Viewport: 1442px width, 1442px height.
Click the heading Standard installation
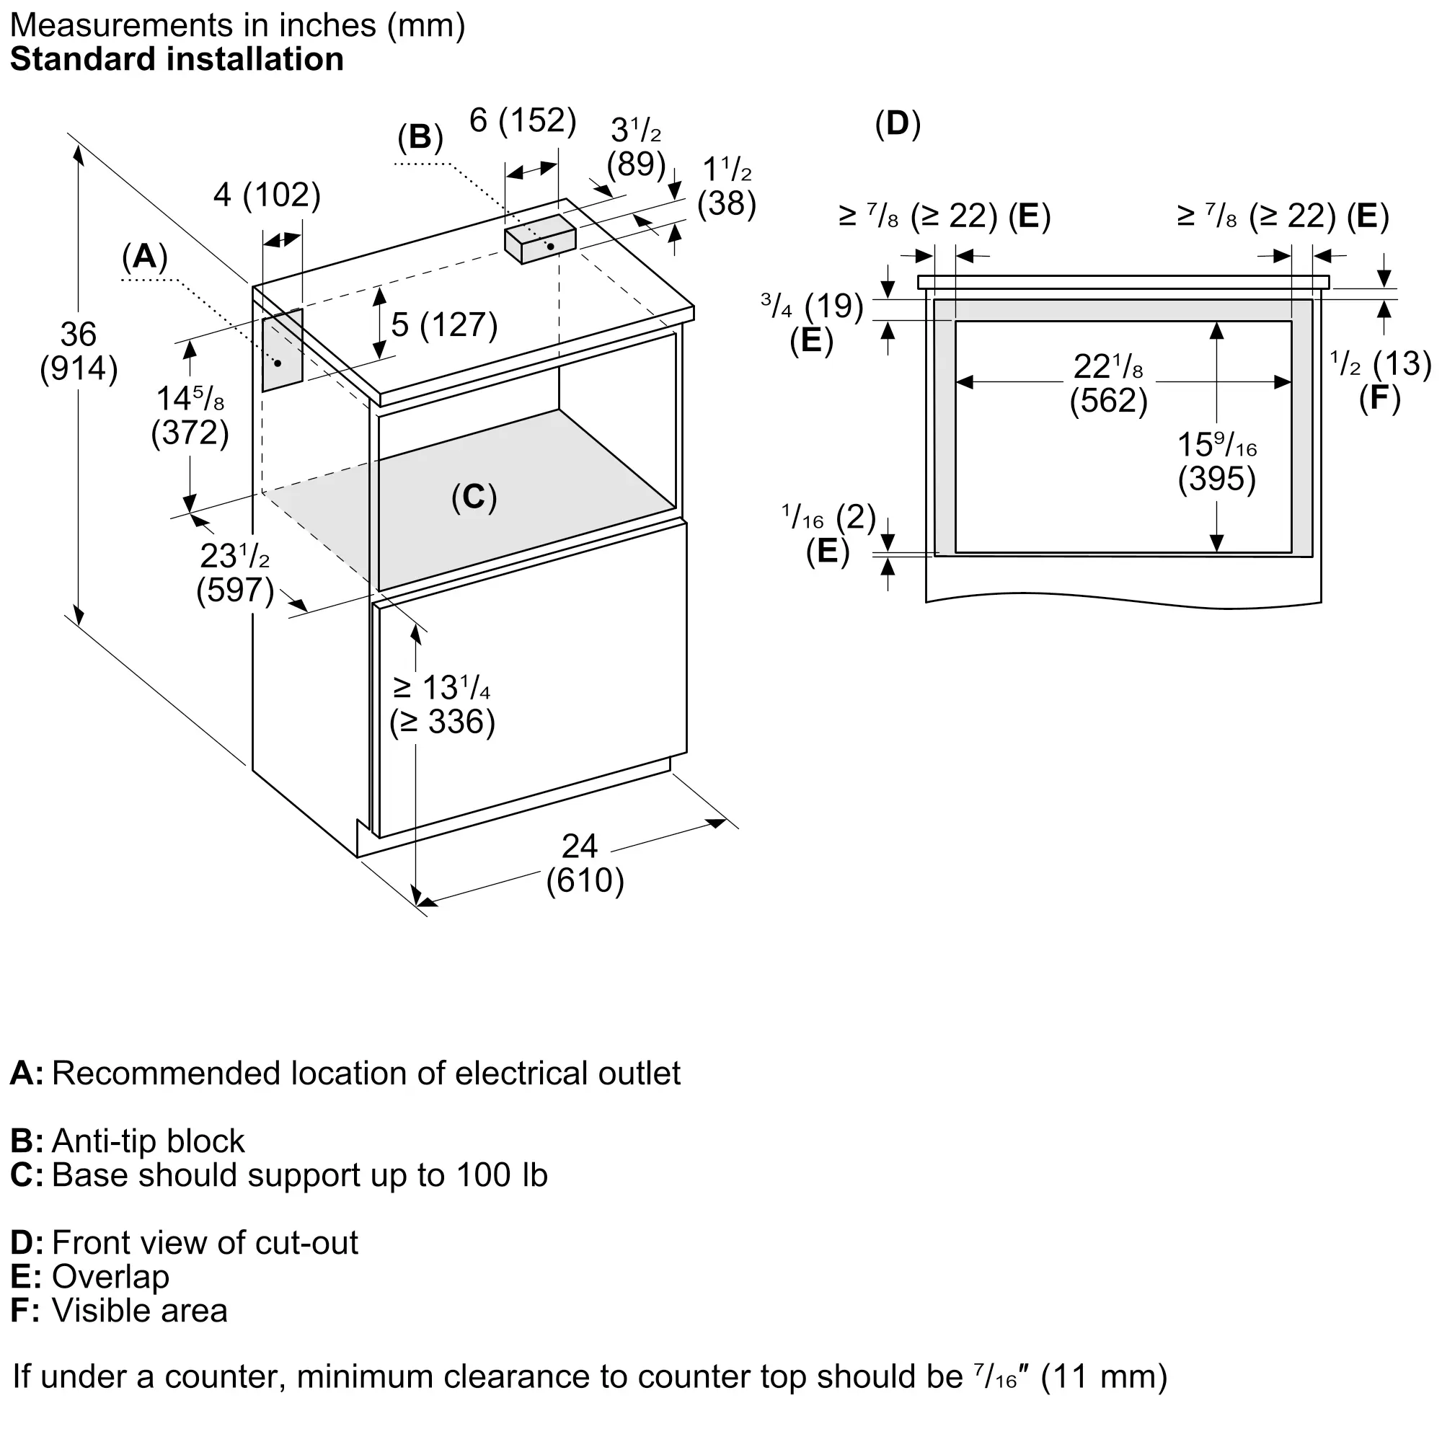pyautogui.click(x=177, y=59)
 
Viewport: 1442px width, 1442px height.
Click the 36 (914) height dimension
pyautogui.click(x=79, y=351)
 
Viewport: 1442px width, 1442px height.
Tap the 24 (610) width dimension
pyautogui.click(x=585, y=864)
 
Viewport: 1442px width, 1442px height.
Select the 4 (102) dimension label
pyautogui.click(x=267, y=195)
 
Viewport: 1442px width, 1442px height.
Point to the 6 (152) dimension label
pyautogui.click(x=523, y=120)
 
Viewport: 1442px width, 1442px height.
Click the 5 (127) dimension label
pyautogui.click(x=444, y=324)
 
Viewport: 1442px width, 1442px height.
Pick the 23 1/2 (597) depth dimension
pyautogui.click(x=235, y=572)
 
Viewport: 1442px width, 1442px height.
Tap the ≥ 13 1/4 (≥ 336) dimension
pyautogui.click(x=442, y=704)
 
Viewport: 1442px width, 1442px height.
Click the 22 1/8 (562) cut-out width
pyautogui.click(x=1108, y=383)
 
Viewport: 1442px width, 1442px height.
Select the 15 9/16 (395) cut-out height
pyautogui.click(x=1217, y=461)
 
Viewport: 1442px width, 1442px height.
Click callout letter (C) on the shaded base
pyautogui.click(x=474, y=497)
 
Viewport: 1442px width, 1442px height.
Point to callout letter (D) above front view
pyautogui.click(x=898, y=124)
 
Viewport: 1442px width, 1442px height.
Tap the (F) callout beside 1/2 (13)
pyautogui.click(x=1379, y=398)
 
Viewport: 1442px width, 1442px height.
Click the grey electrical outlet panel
pyautogui.click(x=282, y=349)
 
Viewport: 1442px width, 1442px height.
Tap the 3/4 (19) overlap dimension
pyautogui.click(x=812, y=305)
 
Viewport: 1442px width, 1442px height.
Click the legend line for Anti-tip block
pyautogui.click(x=127, y=1141)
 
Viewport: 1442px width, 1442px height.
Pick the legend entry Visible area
pyautogui.click(x=119, y=1311)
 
